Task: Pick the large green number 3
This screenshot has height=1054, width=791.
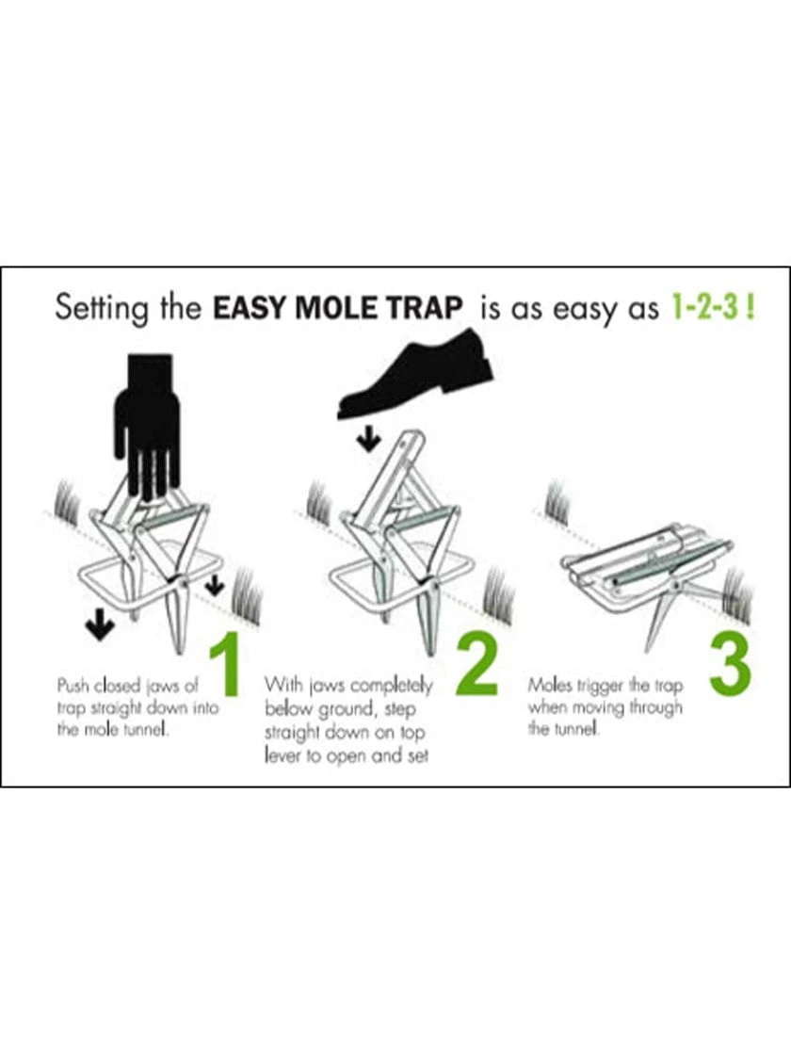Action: (x=731, y=665)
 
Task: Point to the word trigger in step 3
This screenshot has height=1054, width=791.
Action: (x=604, y=685)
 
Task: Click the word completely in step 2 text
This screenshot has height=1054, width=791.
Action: (x=388, y=685)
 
